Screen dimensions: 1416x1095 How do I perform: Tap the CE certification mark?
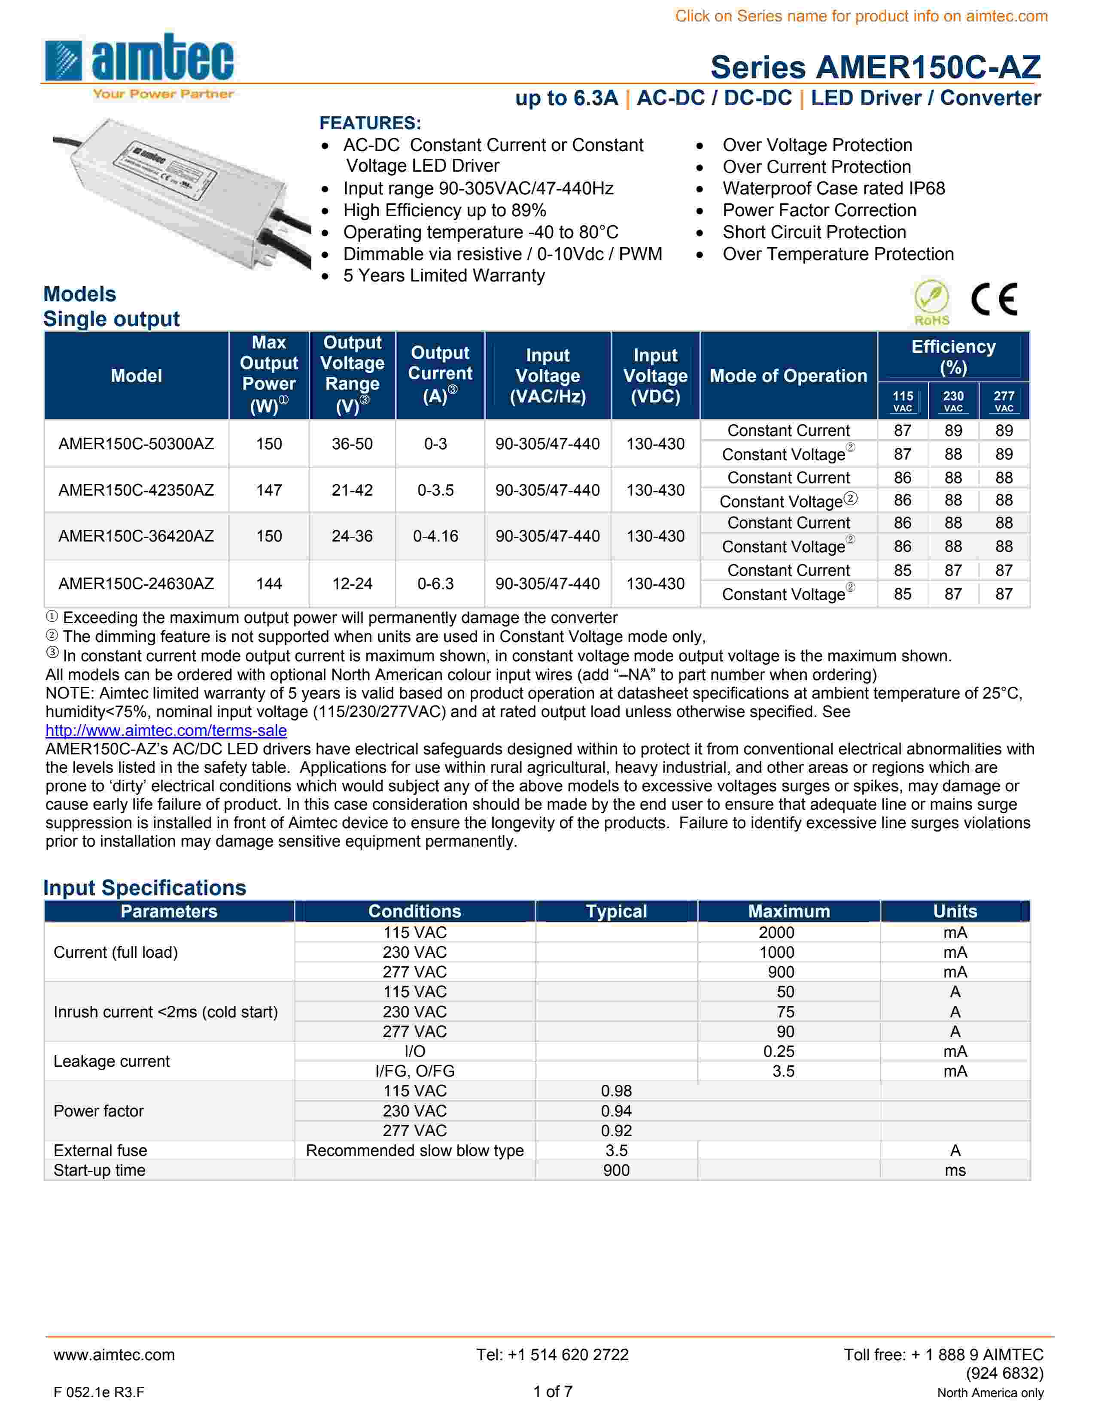point(993,300)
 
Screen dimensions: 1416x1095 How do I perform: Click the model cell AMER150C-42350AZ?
point(136,490)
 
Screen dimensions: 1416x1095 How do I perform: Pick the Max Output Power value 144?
point(268,584)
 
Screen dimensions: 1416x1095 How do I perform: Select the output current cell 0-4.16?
point(435,536)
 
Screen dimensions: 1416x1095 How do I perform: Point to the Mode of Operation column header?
point(788,376)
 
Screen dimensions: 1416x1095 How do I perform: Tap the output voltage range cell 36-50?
point(352,444)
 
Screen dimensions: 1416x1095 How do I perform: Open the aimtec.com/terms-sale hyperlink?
point(166,731)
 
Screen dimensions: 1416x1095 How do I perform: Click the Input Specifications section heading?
point(145,888)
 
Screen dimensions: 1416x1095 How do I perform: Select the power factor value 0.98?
point(616,1091)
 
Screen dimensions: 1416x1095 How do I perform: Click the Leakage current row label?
point(112,1061)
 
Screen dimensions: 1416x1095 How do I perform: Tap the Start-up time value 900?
point(616,1170)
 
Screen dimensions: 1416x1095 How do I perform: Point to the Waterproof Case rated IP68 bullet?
point(833,189)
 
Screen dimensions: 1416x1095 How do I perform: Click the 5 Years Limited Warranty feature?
point(444,275)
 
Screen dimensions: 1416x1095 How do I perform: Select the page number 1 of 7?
point(553,1392)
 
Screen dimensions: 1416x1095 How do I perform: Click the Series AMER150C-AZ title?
point(875,67)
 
